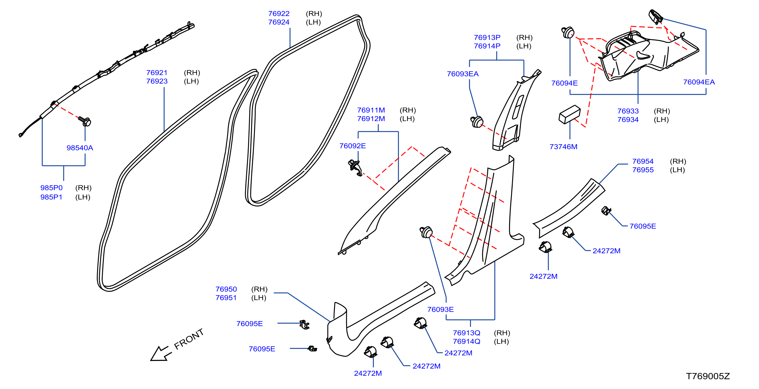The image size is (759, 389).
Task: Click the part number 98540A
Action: click(x=80, y=148)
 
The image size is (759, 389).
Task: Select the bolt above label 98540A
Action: click(x=85, y=121)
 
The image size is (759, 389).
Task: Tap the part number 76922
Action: click(x=279, y=14)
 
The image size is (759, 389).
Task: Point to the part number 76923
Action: click(x=157, y=81)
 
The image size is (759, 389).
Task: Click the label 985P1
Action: click(x=51, y=197)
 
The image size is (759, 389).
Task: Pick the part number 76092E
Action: click(x=352, y=146)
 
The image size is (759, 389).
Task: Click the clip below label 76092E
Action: click(x=355, y=168)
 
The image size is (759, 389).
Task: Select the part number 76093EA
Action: click(x=463, y=74)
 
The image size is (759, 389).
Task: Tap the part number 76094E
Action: click(x=564, y=83)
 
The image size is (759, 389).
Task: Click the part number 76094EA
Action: click(x=699, y=82)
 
